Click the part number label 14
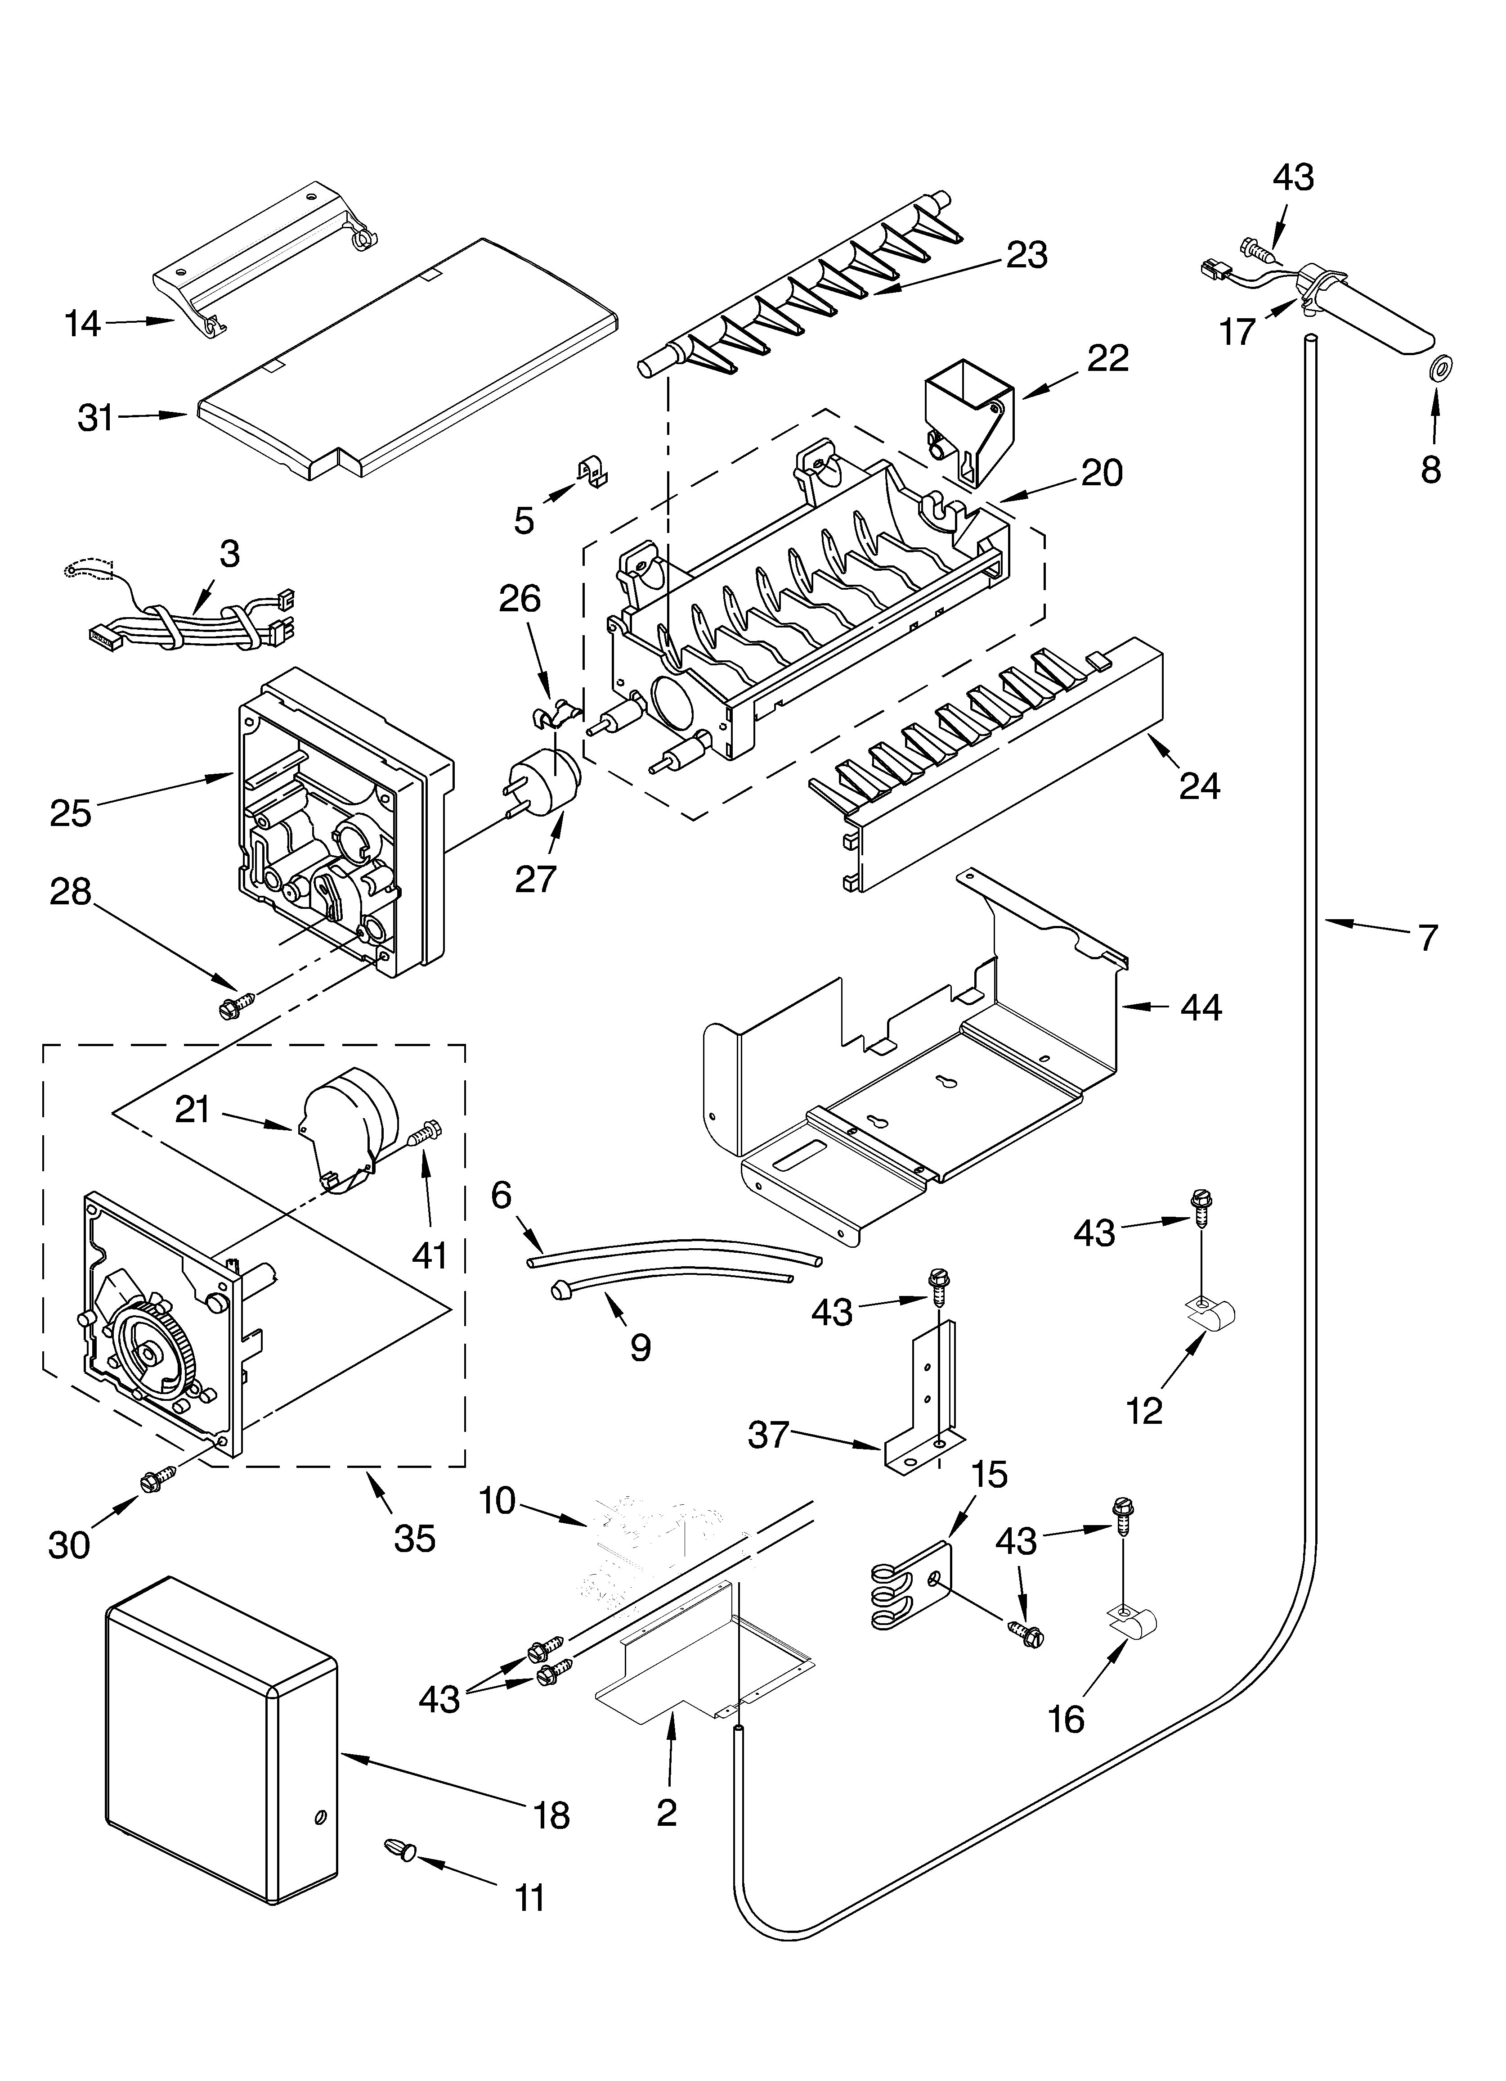click(83, 324)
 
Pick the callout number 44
click(1201, 1008)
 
